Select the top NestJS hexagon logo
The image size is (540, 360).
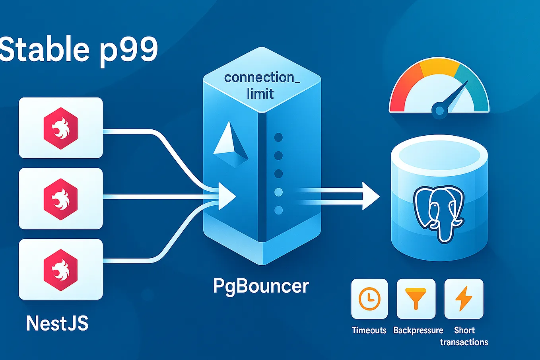pyautogui.click(x=60, y=128)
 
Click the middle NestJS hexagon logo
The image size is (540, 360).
pyautogui.click(x=60, y=199)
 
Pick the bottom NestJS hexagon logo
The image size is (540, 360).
pyautogui.click(x=60, y=270)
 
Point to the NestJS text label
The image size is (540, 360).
pyautogui.click(x=57, y=323)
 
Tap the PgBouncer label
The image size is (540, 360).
pyautogui.click(x=261, y=286)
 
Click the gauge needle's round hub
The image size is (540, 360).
pyautogui.click(x=439, y=110)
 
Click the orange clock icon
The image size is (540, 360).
pyautogui.click(x=369, y=299)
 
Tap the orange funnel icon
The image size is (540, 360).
pyautogui.click(x=416, y=299)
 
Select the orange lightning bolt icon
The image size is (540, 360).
pyautogui.click(x=464, y=299)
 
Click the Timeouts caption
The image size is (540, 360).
pyautogui.click(x=369, y=330)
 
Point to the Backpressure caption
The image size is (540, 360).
pyautogui.click(x=418, y=330)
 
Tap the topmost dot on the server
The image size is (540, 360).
pyautogui.click(x=278, y=138)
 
